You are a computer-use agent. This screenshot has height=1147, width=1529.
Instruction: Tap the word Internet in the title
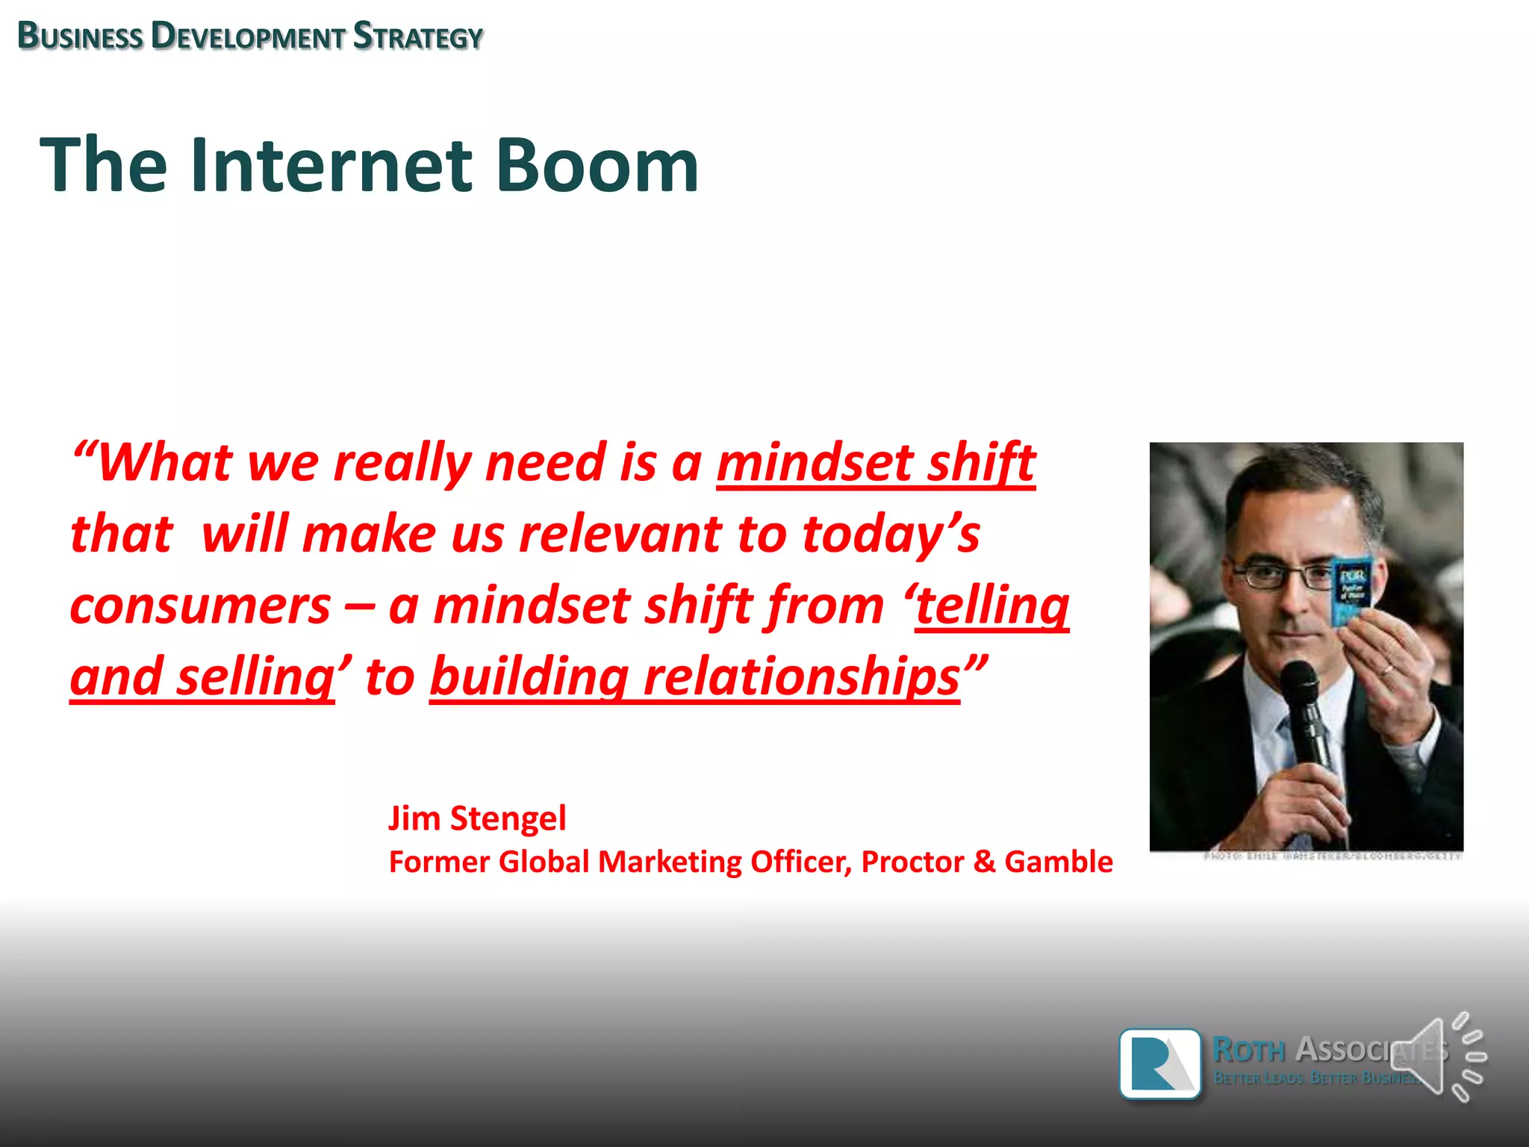pyautogui.click(x=331, y=166)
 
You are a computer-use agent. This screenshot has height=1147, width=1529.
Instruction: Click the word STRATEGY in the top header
pyautogui.click(x=418, y=37)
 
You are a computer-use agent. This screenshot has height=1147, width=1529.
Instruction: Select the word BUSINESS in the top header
pyautogui.click(x=80, y=37)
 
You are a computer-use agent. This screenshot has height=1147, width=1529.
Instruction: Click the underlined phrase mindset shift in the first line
pyautogui.click(x=876, y=462)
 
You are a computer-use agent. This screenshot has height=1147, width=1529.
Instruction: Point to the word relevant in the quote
pyautogui.click(x=620, y=535)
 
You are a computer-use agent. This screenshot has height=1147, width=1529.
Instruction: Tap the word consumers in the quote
pyautogui.click(x=200, y=606)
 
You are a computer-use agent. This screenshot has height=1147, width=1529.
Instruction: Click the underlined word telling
pyautogui.click(x=993, y=606)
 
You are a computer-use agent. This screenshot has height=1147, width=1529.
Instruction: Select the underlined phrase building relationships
pyautogui.click(x=694, y=677)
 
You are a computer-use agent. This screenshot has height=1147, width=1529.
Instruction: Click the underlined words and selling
pyautogui.click(x=202, y=677)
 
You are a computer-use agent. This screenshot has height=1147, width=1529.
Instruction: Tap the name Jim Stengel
pyautogui.click(x=477, y=818)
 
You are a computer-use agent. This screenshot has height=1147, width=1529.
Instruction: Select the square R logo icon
pyautogui.click(x=1160, y=1063)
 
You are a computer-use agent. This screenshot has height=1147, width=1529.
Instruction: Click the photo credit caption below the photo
pyautogui.click(x=1332, y=857)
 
